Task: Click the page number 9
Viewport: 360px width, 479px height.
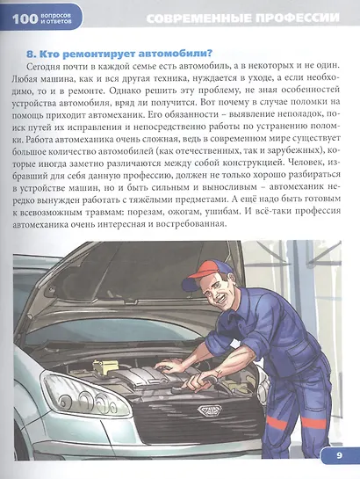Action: pyautogui.click(x=339, y=456)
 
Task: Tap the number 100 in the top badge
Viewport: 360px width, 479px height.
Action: pyautogui.click(x=25, y=18)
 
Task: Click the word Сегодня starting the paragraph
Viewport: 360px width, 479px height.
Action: pyautogui.click(x=41, y=66)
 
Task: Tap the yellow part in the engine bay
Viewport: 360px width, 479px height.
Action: pyautogui.click(x=104, y=366)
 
